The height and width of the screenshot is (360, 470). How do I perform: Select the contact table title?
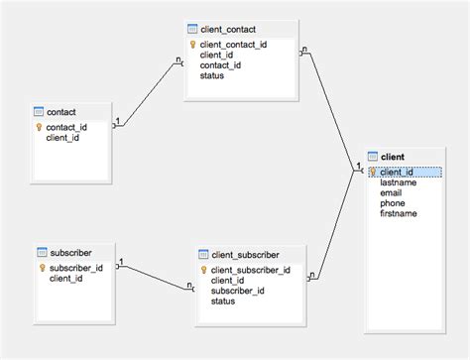pos(61,112)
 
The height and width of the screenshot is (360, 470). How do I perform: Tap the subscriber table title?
pos(69,253)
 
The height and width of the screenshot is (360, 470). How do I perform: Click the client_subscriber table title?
pos(245,255)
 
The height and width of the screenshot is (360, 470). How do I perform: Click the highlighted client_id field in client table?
pos(397,172)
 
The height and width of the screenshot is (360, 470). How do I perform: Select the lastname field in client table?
pos(398,182)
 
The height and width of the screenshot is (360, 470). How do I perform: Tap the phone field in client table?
pos(392,203)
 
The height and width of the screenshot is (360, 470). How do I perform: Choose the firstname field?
pos(398,213)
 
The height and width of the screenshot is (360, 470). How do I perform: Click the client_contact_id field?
pos(233,45)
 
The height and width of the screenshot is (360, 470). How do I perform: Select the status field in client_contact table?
pos(211,75)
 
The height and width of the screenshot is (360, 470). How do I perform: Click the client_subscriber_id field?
pos(250,270)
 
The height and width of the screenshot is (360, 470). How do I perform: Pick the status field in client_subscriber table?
pos(223,300)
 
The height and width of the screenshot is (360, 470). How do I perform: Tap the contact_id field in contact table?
pos(66,127)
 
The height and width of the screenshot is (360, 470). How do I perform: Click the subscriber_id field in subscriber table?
pos(75,268)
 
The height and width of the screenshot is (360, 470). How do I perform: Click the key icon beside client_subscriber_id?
pos(202,270)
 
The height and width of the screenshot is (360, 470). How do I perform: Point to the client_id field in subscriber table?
pos(65,279)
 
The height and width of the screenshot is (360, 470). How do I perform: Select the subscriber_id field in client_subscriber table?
pos(237,291)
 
